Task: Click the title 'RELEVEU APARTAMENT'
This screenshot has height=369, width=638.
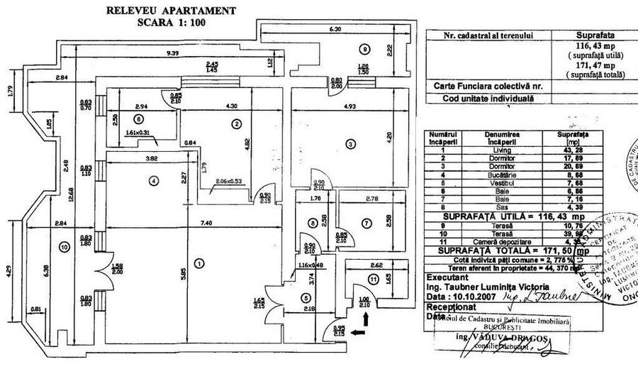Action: tap(172, 11)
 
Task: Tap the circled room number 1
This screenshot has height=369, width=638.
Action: tap(199, 263)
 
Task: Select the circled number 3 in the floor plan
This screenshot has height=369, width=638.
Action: tap(349, 145)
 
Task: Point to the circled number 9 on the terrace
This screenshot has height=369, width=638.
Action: tap(364, 50)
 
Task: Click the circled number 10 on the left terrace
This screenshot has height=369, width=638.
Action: tap(65, 247)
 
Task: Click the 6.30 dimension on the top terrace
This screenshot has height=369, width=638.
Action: tap(335, 30)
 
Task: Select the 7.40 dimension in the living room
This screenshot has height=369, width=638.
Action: tap(206, 224)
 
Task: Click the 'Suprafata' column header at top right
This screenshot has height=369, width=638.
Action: tap(593, 34)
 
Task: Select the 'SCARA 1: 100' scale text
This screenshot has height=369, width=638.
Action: tap(172, 22)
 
